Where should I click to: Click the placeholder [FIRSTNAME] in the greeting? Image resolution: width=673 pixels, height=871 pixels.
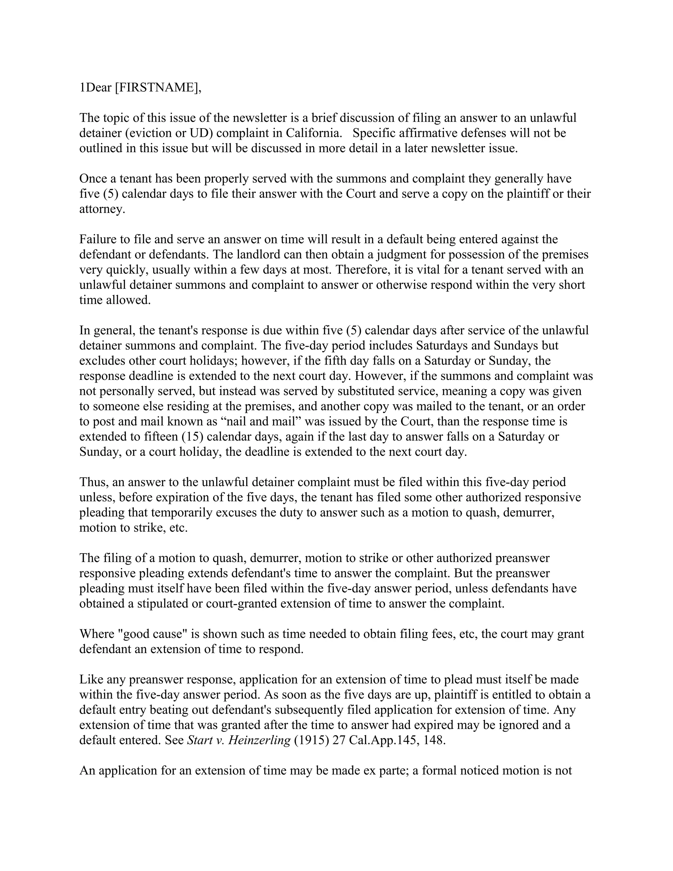(x=157, y=87)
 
